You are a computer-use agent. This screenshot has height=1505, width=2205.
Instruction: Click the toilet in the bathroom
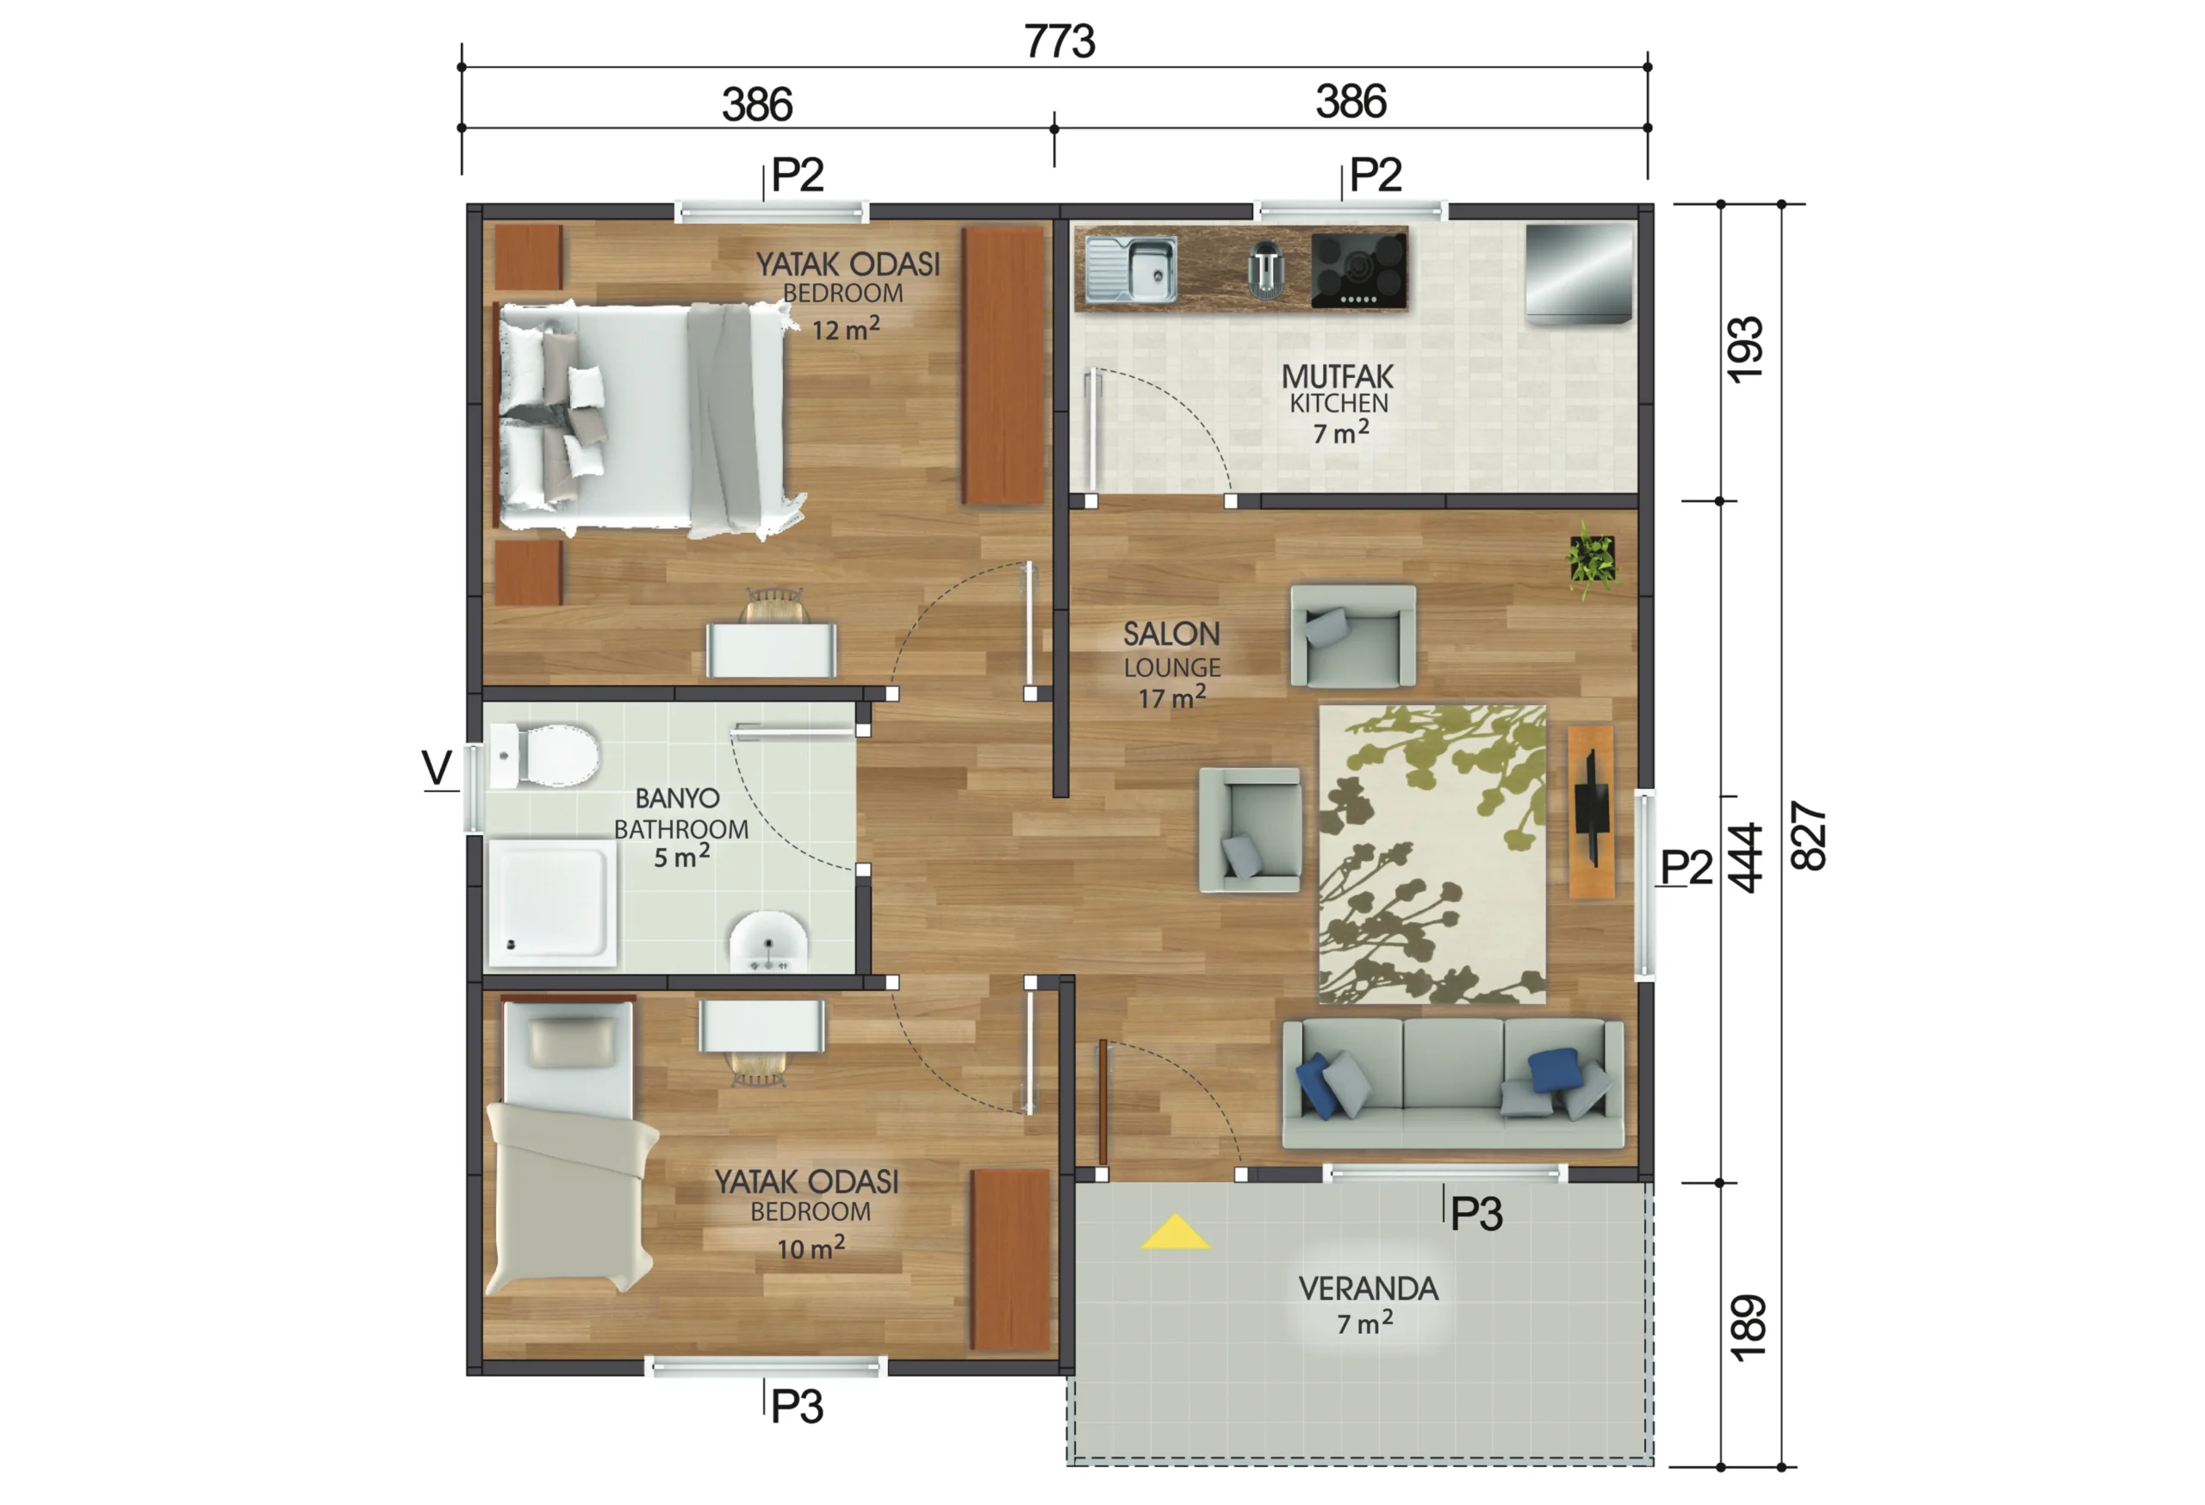(543, 755)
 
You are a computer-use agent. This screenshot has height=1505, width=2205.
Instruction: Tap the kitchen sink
(1131, 269)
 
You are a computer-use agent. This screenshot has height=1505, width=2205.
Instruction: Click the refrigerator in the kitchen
(1579, 274)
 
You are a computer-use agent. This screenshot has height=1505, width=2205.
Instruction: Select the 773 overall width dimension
(1059, 41)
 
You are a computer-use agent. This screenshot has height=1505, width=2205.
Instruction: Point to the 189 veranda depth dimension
(1747, 1328)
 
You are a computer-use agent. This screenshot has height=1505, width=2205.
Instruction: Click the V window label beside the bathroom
(437, 767)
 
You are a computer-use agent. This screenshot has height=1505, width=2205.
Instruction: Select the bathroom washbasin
(767, 942)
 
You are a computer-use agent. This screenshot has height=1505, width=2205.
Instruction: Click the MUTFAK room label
(1338, 376)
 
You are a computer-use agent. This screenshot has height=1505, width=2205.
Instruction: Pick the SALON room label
(1171, 634)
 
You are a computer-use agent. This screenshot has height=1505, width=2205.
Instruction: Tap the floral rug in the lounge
(1432, 853)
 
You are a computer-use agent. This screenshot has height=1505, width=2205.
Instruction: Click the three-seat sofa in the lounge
(1452, 1084)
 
